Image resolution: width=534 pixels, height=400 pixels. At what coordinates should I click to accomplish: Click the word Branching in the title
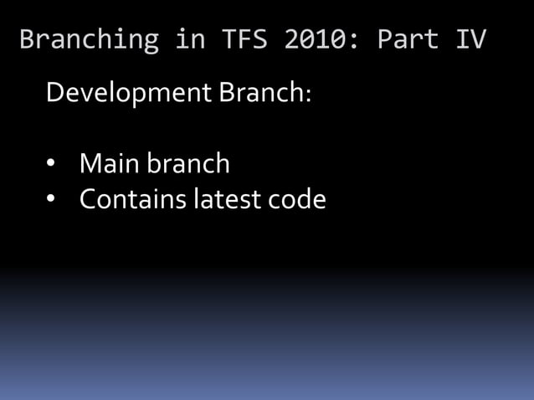coord(89,39)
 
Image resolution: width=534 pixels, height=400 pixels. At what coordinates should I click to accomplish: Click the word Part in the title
coord(408,39)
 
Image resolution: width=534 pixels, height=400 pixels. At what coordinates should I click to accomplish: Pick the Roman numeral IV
coord(471,39)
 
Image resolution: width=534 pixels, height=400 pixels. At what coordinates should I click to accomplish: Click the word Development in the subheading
coord(130,92)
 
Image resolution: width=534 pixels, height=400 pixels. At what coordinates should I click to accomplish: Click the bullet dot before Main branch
coord(51,164)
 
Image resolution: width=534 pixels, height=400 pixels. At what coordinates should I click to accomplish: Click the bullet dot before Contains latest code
coord(51,200)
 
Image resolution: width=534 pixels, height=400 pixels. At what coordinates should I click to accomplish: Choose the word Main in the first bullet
coord(110,163)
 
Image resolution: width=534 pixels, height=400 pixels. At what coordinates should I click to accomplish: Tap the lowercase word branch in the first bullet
coord(189,163)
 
